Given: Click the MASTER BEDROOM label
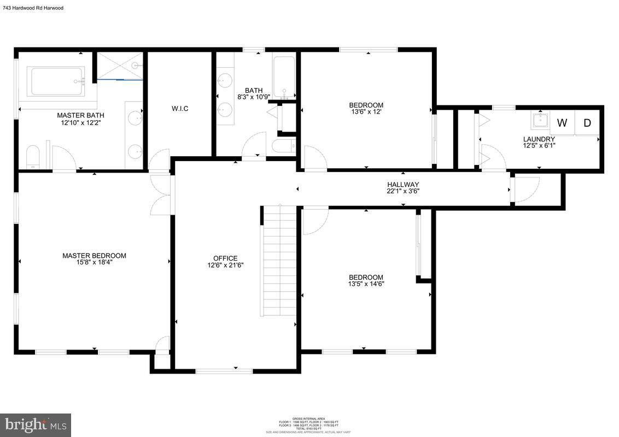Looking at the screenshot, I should (94, 256).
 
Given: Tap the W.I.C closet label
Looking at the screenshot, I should (180, 109).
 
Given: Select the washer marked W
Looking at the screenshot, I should (562, 123).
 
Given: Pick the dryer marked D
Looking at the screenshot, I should (587, 123).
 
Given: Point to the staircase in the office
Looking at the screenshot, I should (279, 260).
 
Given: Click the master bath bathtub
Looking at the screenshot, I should (57, 81).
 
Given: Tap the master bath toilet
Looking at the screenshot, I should (33, 158).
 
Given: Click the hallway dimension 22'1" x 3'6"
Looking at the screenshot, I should (403, 191).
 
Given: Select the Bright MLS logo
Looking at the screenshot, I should (36, 424).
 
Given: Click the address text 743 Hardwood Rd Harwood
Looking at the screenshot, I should (33, 8).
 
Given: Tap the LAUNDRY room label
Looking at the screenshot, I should (539, 139).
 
